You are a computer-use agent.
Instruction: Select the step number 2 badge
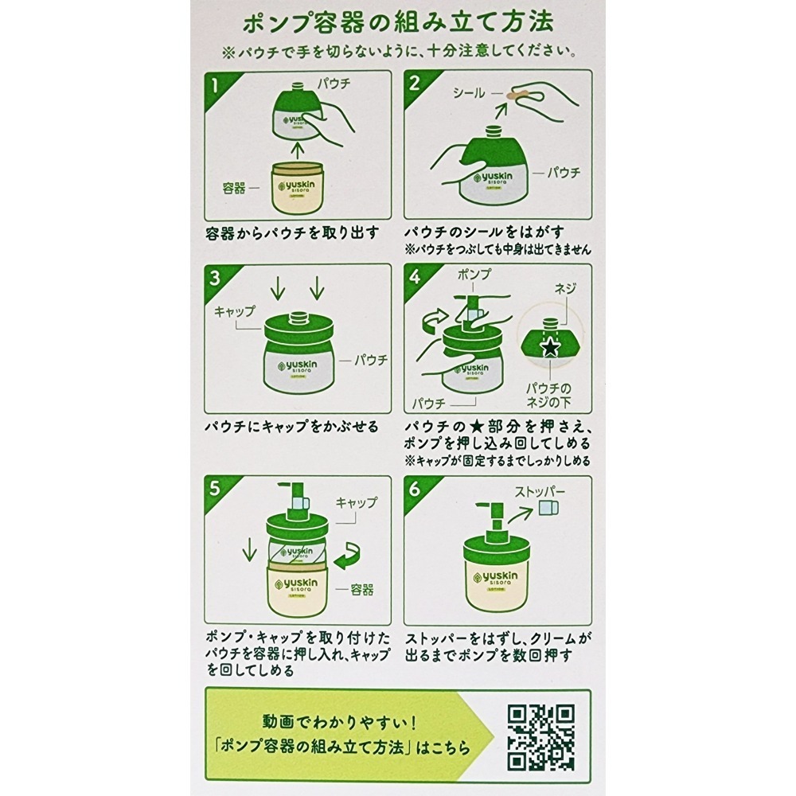click(x=415, y=82)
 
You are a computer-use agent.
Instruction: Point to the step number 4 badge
click(x=415, y=276)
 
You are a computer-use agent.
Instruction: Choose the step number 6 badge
click(x=415, y=487)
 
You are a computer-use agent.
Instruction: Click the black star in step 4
click(x=548, y=346)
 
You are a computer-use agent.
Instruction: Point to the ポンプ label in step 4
click(x=474, y=274)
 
